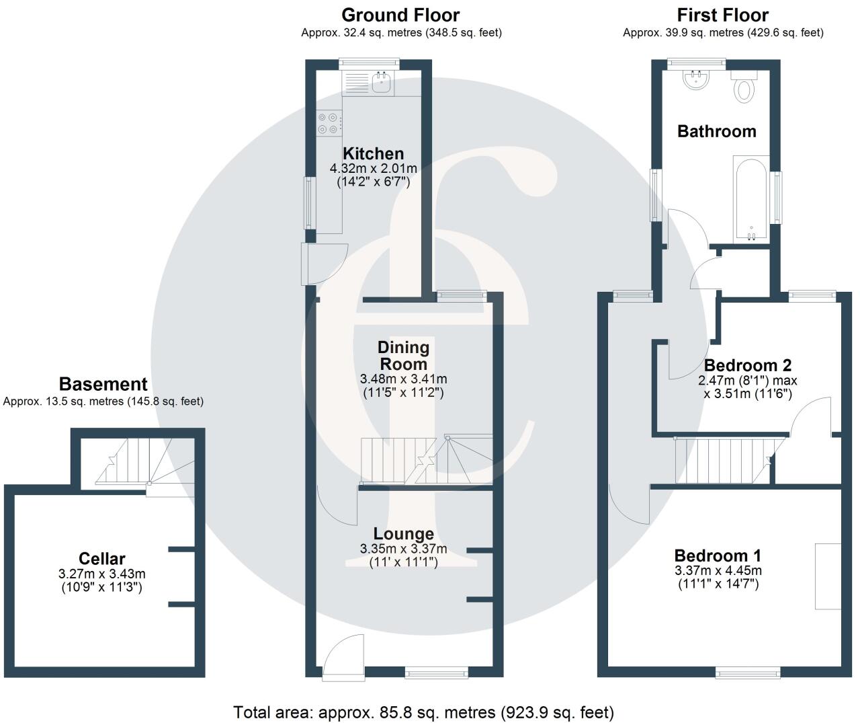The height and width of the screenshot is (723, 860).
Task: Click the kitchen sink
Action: click(382, 83)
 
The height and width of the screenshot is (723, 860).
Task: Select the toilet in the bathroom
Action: click(744, 87)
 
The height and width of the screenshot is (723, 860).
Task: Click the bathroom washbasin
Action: click(696, 80)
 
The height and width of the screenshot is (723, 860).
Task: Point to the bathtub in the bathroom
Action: click(752, 198)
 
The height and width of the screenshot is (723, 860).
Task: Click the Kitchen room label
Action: click(373, 153)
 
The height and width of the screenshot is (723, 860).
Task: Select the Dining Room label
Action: click(403, 355)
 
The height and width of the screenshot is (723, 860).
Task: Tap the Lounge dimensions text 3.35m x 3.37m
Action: click(403, 549)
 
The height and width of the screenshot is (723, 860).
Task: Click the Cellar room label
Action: click(102, 558)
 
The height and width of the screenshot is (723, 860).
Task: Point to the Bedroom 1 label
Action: click(718, 556)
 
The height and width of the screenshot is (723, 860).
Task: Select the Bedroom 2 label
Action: click(748, 365)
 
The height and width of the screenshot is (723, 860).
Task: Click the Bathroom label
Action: click(716, 131)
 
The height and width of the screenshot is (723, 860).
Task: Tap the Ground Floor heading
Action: click(400, 15)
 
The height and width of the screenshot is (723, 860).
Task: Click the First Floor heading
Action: click(722, 15)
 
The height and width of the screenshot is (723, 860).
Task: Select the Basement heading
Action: click(103, 384)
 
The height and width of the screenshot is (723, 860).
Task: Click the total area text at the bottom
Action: click(423, 712)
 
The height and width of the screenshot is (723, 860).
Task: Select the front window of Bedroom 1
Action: click(748, 671)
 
